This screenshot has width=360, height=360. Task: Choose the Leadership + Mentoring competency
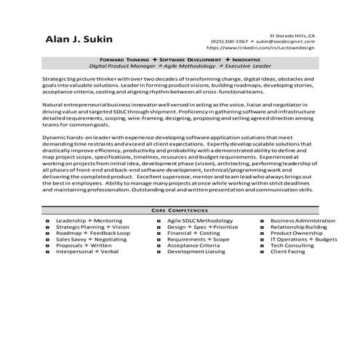pyautogui.click(x=89, y=220)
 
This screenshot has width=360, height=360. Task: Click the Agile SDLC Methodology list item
pyautogui.click(x=199, y=220)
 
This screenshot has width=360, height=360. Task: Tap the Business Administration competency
pyautogui.click(x=302, y=220)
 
